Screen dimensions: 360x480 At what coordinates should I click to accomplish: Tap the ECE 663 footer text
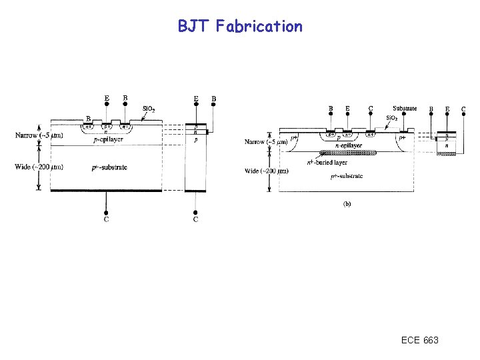(x=420, y=341)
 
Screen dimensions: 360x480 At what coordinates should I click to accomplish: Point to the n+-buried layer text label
(x=326, y=162)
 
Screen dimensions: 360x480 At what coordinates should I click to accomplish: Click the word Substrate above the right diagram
(x=405, y=109)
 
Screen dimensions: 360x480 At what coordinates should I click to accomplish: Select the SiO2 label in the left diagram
(x=149, y=109)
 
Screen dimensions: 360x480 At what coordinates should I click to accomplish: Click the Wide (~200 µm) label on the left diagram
(x=39, y=167)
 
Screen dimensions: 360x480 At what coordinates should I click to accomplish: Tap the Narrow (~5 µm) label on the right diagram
(x=266, y=141)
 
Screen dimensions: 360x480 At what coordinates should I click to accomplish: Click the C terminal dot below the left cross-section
(x=107, y=211)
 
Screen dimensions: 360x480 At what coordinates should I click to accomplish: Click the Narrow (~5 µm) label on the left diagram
(x=39, y=136)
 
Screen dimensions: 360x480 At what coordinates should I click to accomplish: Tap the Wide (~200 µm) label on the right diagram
(x=266, y=171)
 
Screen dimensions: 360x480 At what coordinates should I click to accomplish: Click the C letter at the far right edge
(x=463, y=109)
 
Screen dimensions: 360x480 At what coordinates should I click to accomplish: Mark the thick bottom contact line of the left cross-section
(x=107, y=191)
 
